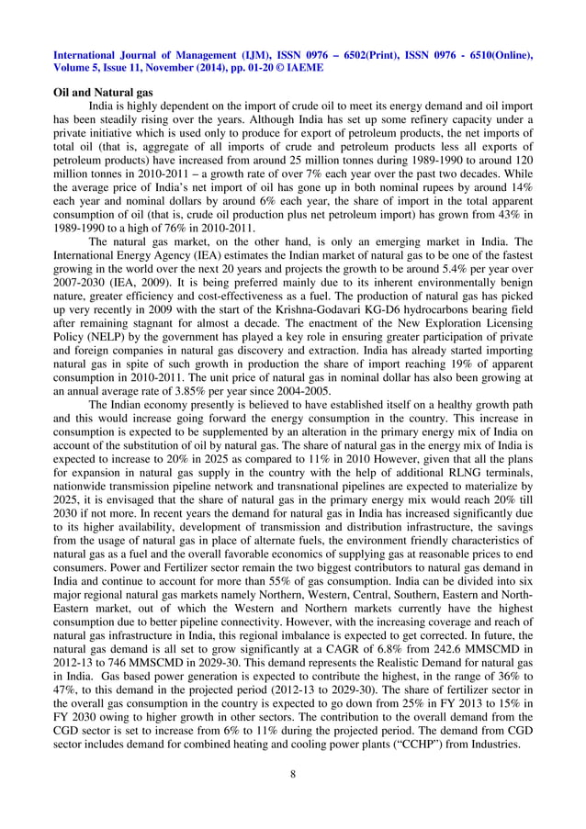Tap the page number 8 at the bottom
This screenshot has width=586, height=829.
[293, 775]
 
